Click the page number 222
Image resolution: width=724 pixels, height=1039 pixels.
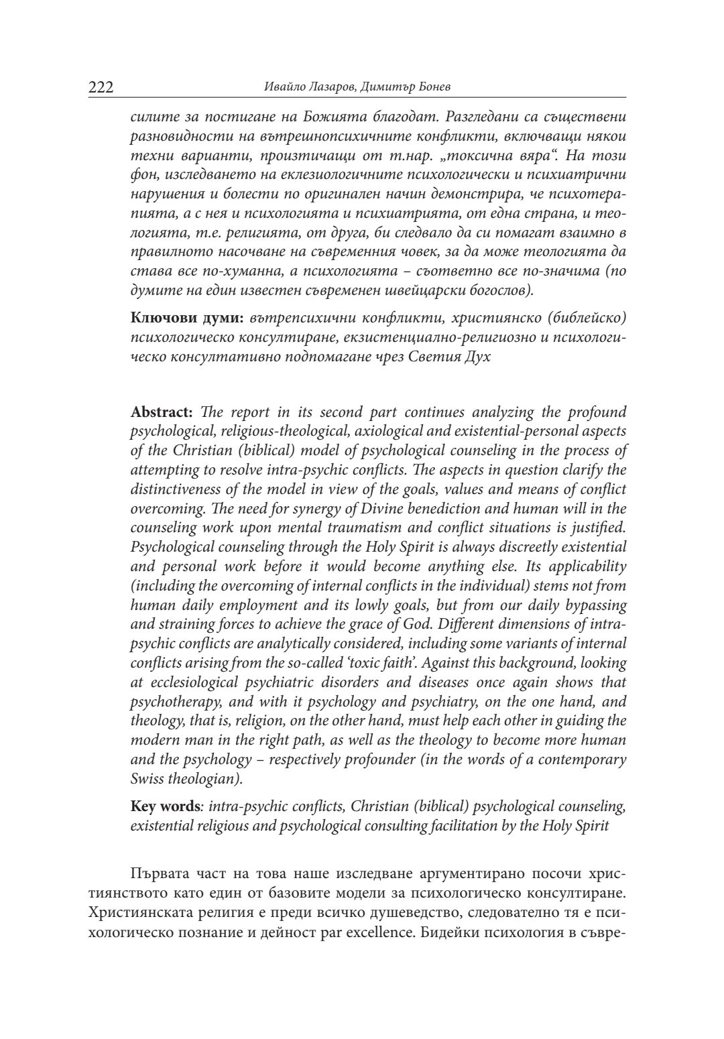point(101,88)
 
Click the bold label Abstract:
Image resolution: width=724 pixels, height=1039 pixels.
point(162,412)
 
